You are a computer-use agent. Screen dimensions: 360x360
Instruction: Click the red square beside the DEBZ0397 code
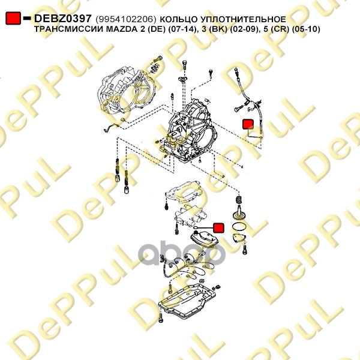click(x=13, y=19)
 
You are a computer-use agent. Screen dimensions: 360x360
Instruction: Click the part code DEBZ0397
click(x=63, y=19)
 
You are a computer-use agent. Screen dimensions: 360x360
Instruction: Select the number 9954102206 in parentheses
click(x=126, y=19)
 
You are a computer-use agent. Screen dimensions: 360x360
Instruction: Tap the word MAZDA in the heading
click(x=121, y=29)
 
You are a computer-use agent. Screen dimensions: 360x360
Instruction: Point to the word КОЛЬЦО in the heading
click(x=179, y=19)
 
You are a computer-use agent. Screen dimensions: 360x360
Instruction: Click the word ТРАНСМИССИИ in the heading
click(x=68, y=29)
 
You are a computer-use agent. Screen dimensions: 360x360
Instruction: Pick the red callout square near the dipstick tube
click(x=248, y=124)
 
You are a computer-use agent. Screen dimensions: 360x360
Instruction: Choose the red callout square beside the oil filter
click(x=219, y=228)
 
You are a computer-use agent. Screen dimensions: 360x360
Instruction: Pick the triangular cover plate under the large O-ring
click(x=239, y=238)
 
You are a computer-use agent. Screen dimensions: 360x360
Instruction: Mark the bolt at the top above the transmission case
click(x=184, y=64)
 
